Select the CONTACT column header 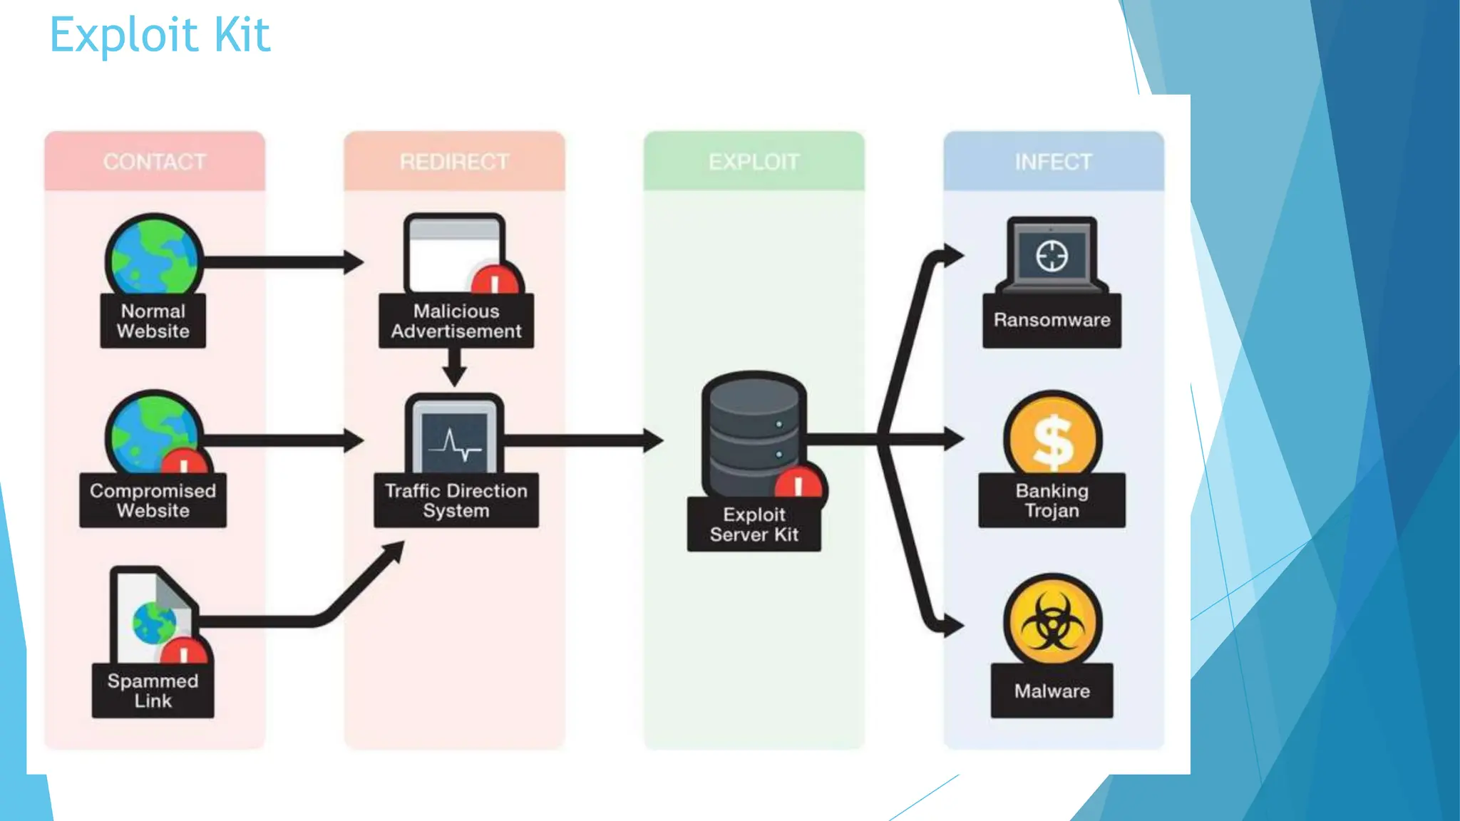(154, 162)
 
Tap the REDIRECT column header (454, 162)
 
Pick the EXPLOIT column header (754, 162)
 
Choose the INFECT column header (1053, 162)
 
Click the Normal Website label (153, 321)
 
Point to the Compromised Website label (153, 500)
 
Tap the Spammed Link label (153, 691)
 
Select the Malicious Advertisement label (456, 321)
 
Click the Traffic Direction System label (456, 500)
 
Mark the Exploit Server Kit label (754, 525)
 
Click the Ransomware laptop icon (1052, 255)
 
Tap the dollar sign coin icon (1052, 438)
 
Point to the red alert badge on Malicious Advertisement (496, 280)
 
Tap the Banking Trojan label (1052, 500)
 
